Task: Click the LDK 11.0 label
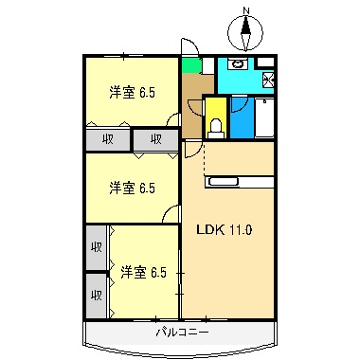(224, 229)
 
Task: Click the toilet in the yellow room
(215, 123)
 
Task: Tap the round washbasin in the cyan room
(238, 65)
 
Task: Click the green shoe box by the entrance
(191, 65)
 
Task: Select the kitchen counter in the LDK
(240, 178)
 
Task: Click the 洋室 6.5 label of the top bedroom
(132, 92)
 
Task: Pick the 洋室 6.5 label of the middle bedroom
(132, 188)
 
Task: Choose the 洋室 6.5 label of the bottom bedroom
(143, 273)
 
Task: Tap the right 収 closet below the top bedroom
(154, 140)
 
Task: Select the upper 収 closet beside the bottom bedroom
(96, 247)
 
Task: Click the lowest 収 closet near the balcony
(96, 295)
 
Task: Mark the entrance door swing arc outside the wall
(189, 46)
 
